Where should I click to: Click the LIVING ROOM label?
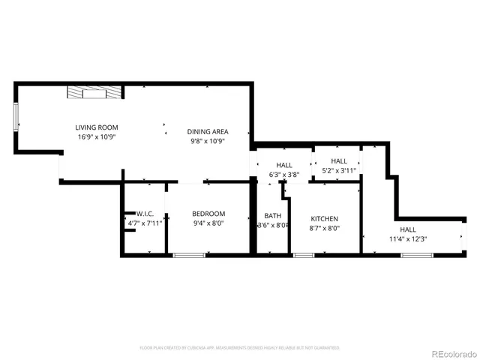coord(96,127)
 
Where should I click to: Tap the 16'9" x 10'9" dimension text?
coord(96,137)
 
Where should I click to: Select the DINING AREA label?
coord(208,131)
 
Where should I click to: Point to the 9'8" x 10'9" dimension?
coord(208,141)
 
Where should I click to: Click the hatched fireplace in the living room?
coord(94,92)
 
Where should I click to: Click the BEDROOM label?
coord(208,213)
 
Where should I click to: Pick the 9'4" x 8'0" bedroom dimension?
coord(208,223)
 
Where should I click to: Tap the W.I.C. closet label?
coord(145,213)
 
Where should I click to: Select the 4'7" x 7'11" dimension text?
coord(145,223)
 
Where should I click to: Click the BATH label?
coord(272,216)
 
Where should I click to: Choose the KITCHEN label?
coord(325,218)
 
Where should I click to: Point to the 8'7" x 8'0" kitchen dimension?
coord(325,228)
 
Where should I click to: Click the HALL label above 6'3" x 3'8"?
coord(284,166)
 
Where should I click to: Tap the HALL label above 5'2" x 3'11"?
coord(339,160)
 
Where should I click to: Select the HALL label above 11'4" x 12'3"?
coord(407,229)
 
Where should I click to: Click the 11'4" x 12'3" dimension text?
coord(407,239)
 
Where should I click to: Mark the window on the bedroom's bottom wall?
coord(184,256)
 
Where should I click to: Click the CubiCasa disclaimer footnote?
coord(239,348)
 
